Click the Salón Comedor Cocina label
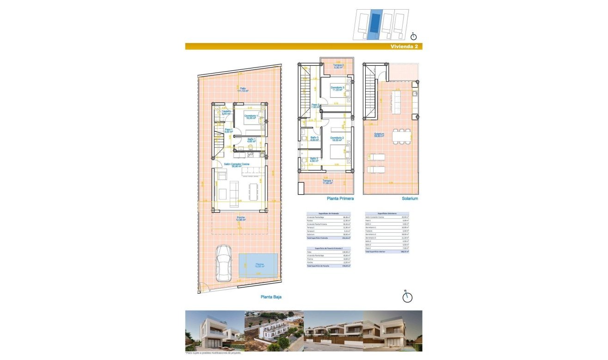click(240, 165)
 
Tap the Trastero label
click(226, 112)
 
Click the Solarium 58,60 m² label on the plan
click(381, 136)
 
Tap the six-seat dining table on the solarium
click(401, 136)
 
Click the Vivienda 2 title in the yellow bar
click(404, 47)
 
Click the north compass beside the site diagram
click(414, 36)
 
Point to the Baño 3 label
click(314, 139)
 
